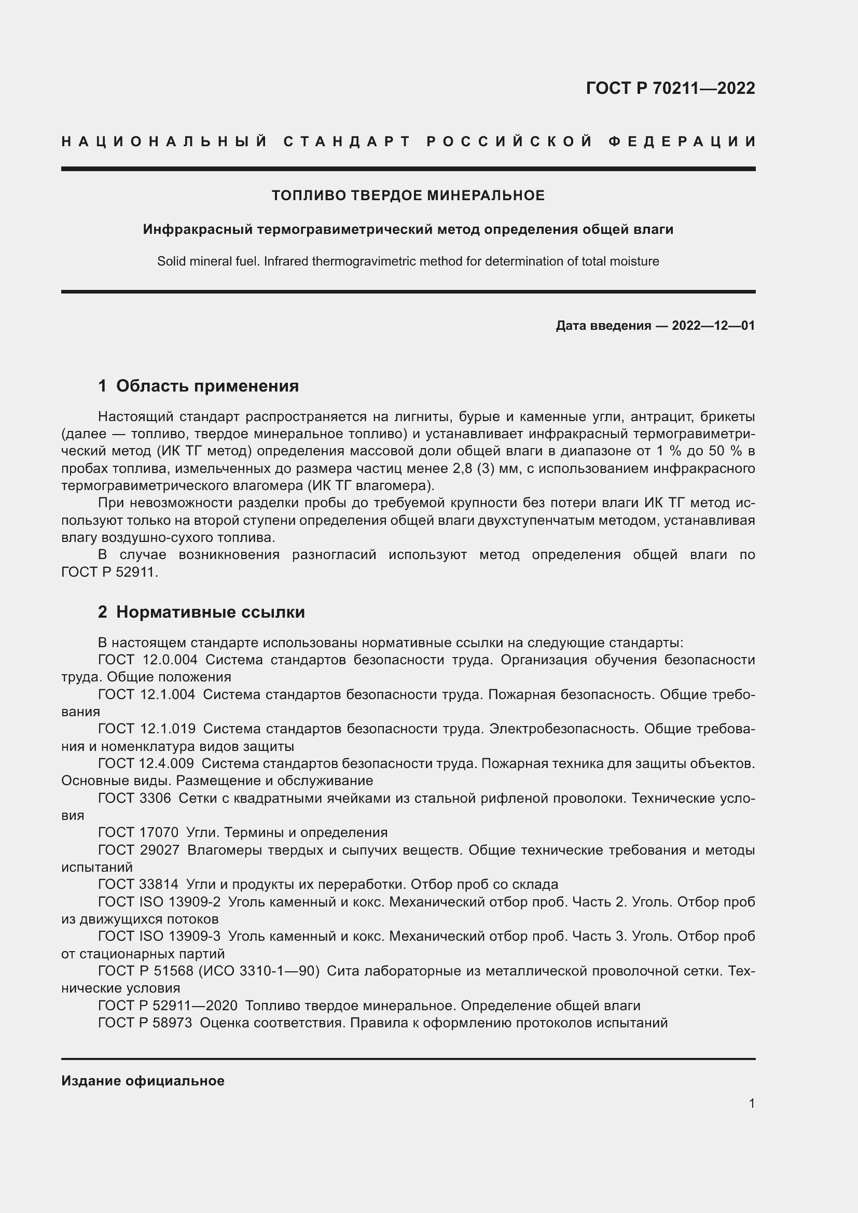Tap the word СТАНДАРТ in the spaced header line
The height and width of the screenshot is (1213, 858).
(347, 142)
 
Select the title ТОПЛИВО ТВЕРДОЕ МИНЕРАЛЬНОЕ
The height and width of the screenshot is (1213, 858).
(408, 196)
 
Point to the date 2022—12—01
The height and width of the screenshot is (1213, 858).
(713, 326)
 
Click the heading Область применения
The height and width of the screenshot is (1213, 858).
(207, 386)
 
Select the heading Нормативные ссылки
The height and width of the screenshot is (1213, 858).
(210, 612)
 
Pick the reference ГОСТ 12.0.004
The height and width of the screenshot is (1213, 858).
(147, 659)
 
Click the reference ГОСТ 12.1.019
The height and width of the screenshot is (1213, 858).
(146, 729)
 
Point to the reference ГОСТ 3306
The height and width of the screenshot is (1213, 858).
(134, 798)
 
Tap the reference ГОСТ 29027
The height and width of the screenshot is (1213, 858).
(139, 850)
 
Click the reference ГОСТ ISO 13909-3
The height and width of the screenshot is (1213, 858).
(159, 936)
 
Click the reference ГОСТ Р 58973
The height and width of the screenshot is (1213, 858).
(145, 1023)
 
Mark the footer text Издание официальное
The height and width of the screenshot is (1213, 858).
(143, 1081)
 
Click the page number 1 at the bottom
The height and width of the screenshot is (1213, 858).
(751, 1104)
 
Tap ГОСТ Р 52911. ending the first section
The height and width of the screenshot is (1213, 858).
(109, 572)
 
